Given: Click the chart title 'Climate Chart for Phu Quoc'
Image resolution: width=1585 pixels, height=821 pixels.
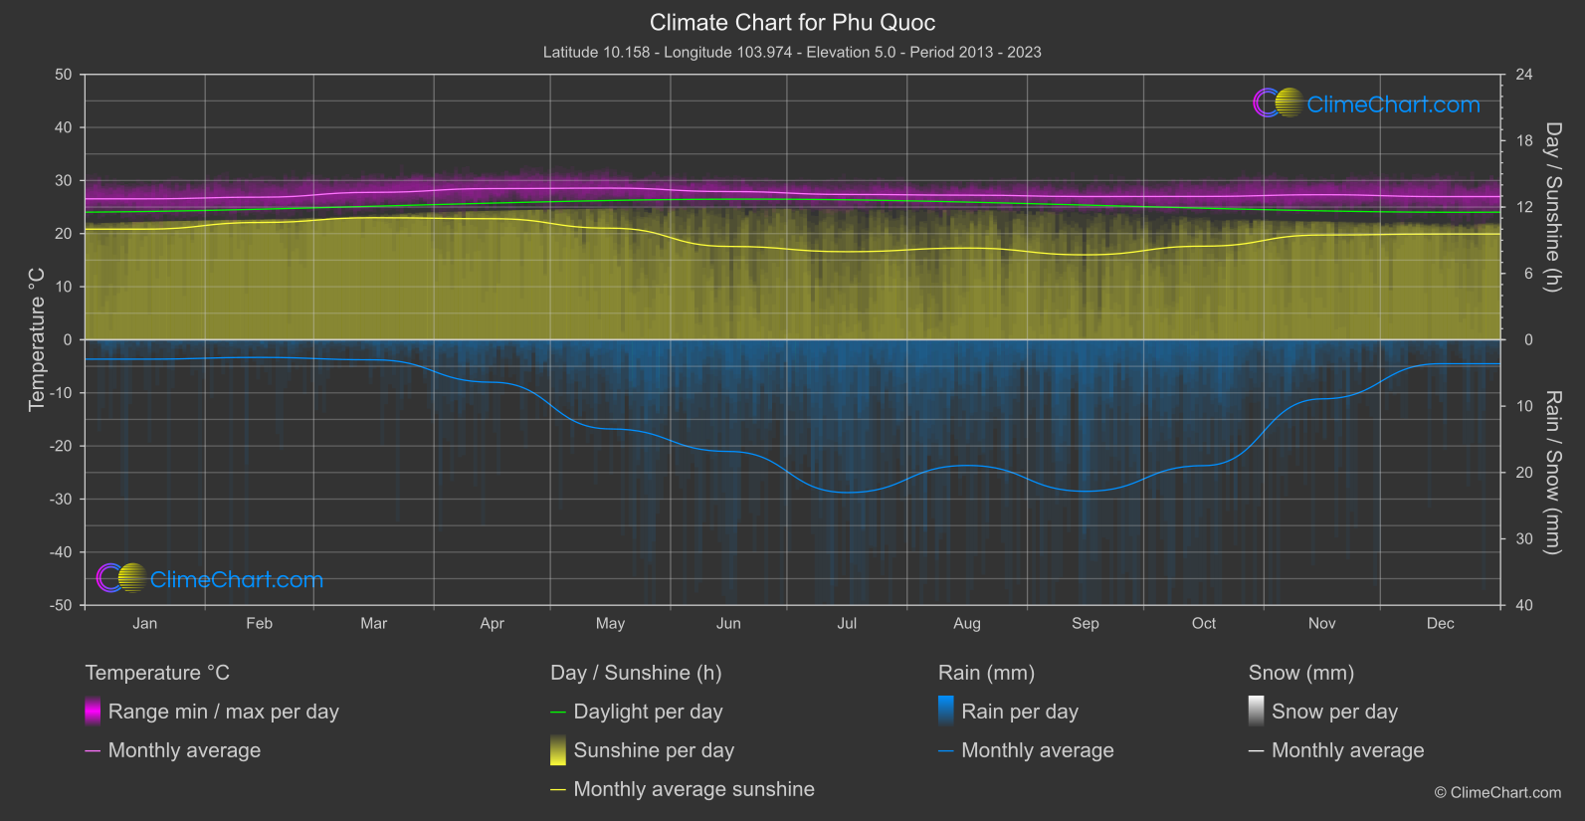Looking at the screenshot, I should [792, 22].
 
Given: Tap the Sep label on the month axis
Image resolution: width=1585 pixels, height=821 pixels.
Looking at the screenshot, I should [1085, 623].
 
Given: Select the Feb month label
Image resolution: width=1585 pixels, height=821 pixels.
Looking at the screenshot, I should [259, 623].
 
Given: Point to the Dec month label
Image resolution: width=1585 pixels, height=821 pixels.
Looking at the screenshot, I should [1440, 623].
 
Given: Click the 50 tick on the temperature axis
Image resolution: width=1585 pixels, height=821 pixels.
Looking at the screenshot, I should [64, 75].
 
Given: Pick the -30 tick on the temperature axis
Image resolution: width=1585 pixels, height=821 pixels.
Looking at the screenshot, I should [61, 499].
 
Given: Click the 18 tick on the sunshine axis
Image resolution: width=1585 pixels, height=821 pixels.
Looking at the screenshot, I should [1524, 140].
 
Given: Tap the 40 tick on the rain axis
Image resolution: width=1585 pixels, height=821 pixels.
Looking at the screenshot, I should [1524, 605].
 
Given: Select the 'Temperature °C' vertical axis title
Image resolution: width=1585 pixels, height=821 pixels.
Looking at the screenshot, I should [37, 339].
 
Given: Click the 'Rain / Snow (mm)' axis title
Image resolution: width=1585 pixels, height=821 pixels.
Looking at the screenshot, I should [1552, 472].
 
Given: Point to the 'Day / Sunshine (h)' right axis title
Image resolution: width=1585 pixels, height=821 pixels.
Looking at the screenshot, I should [1552, 207].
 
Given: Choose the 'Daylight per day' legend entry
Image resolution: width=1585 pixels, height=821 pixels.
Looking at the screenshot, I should [648, 712].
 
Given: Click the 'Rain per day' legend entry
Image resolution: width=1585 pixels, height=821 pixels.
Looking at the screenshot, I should [1019, 712].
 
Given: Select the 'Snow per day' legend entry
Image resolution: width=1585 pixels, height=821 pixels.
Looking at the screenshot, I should [1334, 712].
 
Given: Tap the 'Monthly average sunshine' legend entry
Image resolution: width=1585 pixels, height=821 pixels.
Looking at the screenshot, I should [693, 789].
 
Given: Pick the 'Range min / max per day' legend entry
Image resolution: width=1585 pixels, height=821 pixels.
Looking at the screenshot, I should [223, 712].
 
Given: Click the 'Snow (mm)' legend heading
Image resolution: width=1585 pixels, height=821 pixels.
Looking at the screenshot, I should [1300, 673].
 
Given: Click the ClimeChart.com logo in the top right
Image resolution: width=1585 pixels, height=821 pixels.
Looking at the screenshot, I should [1367, 103].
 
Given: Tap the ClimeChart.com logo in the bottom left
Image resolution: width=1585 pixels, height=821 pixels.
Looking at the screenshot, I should [210, 579].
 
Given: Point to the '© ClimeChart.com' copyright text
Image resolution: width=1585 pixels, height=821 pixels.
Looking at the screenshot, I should [1497, 792].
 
